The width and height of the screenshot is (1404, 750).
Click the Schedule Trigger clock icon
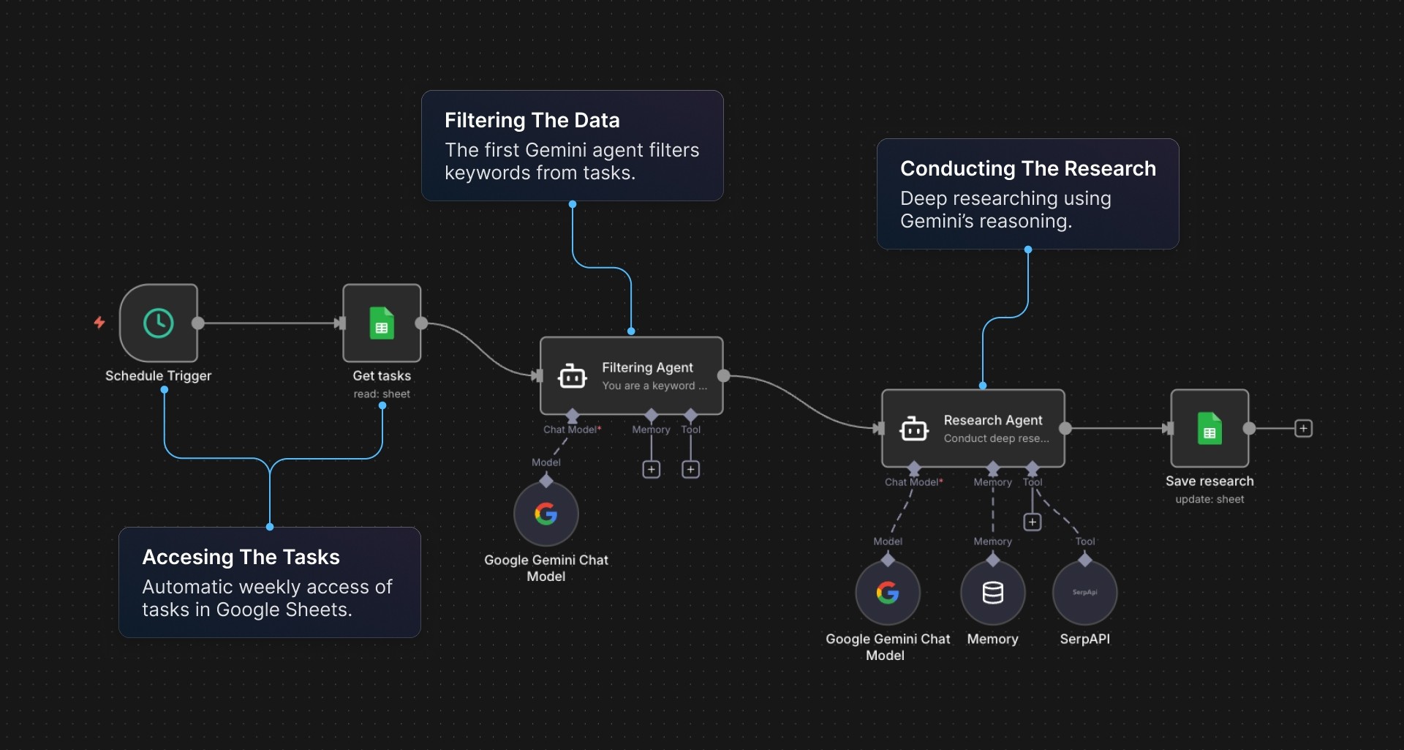tap(159, 323)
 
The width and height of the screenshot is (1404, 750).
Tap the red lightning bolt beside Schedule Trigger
tap(99, 322)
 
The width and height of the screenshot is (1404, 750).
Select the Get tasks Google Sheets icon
tap(382, 323)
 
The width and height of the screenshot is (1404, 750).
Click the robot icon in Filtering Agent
tap(572, 376)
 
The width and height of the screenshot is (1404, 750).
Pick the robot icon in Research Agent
tap(913, 429)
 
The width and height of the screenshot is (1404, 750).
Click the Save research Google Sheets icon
tap(1209, 429)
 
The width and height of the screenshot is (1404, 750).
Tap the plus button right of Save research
tap(1303, 428)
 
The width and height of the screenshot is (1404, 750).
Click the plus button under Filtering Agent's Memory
tap(651, 469)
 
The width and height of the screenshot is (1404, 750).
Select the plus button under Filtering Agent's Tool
tap(690, 469)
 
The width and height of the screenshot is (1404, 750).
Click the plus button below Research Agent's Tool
tap(1032, 522)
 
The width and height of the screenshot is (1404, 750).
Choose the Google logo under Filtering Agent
tap(546, 514)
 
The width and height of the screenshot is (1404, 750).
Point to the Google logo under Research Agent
tap(888, 593)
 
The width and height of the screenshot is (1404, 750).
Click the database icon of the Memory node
tap(992, 593)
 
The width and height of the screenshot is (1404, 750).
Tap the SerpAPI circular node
tap(1084, 593)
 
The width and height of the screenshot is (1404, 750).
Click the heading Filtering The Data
tap(532, 120)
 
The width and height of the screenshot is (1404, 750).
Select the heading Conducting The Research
tap(1027, 168)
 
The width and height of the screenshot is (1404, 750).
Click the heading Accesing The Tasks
tap(241, 557)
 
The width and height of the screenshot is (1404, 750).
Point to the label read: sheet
tap(382, 394)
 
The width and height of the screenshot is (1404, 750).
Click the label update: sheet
tap(1209, 499)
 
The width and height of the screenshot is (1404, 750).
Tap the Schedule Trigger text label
tap(158, 375)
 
